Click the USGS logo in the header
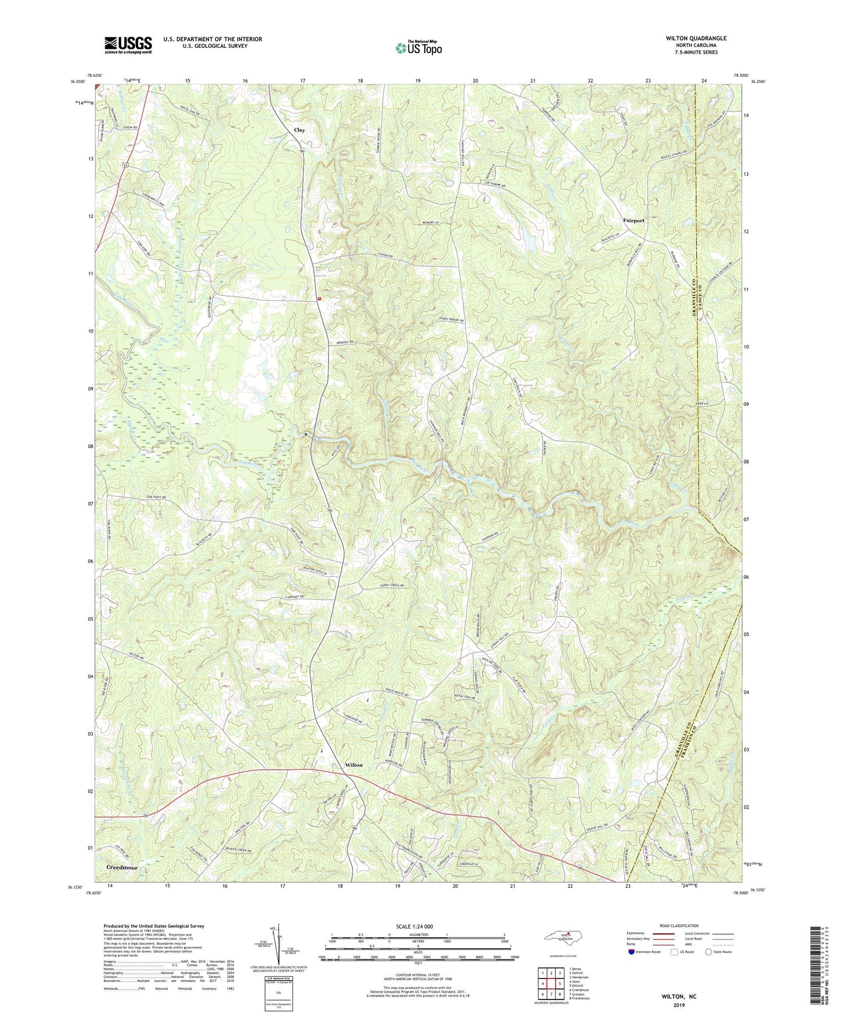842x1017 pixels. (128, 45)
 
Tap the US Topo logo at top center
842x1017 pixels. (418, 48)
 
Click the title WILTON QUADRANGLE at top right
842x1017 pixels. (696, 38)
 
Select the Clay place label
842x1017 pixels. (300, 130)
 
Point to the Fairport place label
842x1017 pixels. (633, 221)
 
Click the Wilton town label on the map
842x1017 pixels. (353, 765)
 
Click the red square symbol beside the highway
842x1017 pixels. (319, 299)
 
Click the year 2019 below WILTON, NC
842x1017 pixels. (679, 1005)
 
